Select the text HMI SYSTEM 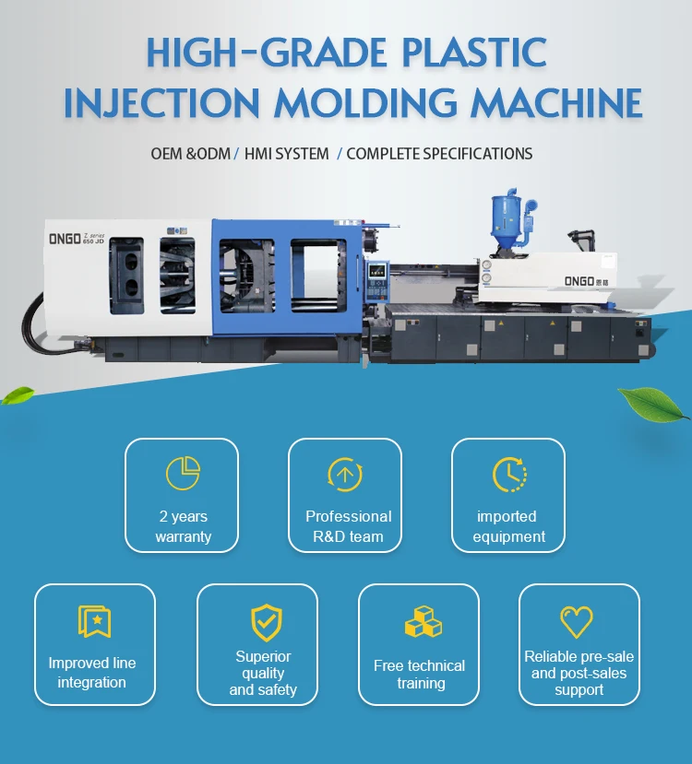coord(287,154)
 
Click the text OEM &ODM coord(190,154)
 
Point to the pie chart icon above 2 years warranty coord(183,473)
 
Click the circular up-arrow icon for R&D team coord(345,475)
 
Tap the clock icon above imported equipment coord(508,474)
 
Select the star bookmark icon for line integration coord(94,621)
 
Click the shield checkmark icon coord(266,622)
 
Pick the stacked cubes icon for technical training coord(423,622)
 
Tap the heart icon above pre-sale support coord(577,622)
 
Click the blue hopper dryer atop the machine coord(505,225)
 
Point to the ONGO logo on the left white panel coord(66,239)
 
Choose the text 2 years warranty coord(183,526)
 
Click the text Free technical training coord(419,674)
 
